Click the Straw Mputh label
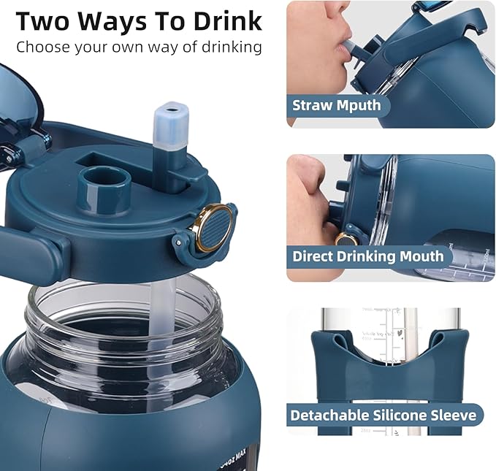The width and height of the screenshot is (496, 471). [337, 105]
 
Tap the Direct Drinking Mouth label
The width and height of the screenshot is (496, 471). [367, 256]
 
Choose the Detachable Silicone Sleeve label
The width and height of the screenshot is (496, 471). [383, 416]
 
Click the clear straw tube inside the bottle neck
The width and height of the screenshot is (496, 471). [161, 307]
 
